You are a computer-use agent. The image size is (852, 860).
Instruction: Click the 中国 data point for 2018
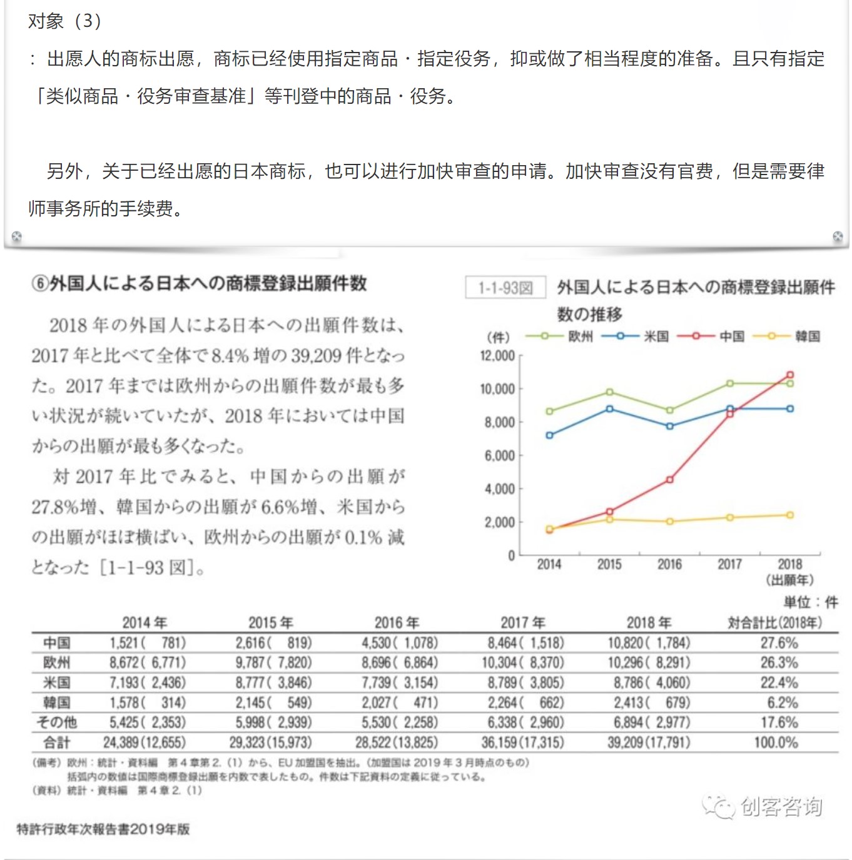(790, 375)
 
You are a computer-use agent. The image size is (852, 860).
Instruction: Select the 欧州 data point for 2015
(609, 392)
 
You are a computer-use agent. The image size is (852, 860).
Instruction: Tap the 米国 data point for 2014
(549, 435)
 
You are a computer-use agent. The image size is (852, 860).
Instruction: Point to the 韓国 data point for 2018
(790, 515)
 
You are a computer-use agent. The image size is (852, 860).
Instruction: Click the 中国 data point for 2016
(669, 480)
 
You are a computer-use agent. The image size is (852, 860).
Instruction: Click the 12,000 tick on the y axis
(497, 356)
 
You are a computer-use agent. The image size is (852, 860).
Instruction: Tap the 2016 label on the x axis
(669, 565)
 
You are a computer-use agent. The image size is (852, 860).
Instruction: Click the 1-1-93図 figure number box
(505, 288)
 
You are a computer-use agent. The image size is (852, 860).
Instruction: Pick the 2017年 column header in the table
(523, 622)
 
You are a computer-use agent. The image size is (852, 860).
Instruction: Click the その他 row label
(57, 722)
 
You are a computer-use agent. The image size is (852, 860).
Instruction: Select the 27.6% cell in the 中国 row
(779, 643)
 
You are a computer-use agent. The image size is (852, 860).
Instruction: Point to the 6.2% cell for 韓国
(783, 702)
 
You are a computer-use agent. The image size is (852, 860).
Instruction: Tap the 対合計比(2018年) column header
(774, 622)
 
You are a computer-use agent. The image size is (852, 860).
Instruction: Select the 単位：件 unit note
(811, 602)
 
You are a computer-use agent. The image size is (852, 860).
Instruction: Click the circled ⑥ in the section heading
(39, 284)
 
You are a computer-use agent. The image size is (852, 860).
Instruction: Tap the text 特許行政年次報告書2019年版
(103, 829)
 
